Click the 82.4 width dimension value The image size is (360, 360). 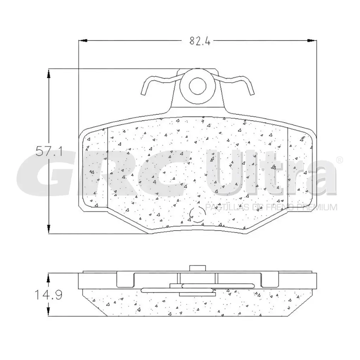click(x=200, y=41)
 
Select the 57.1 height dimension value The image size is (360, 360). click(x=49, y=152)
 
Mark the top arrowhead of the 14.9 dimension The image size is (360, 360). click(x=49, y=277)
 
